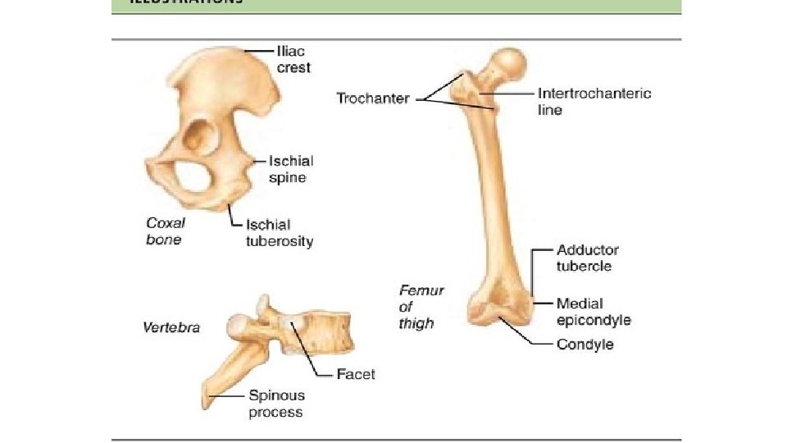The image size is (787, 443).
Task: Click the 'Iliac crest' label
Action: coord(293,59)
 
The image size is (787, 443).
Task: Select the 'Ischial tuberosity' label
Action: coord(280,232)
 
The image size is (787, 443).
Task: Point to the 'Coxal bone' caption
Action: coord(166,231)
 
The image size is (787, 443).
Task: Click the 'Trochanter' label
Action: coord(373,98)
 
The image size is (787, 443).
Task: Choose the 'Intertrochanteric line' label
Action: coord(594,101)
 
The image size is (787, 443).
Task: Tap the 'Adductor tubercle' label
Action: coord(588,258)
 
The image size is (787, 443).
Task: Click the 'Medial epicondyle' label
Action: coord(594,311)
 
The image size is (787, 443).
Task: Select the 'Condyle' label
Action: coord(585,345)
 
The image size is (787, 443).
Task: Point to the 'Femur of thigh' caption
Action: coord(422,306)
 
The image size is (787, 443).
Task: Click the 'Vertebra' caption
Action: coord(171,327)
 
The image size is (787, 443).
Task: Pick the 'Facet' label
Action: coord(356,374)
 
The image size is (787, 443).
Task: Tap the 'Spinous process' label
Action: coord(276,404)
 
